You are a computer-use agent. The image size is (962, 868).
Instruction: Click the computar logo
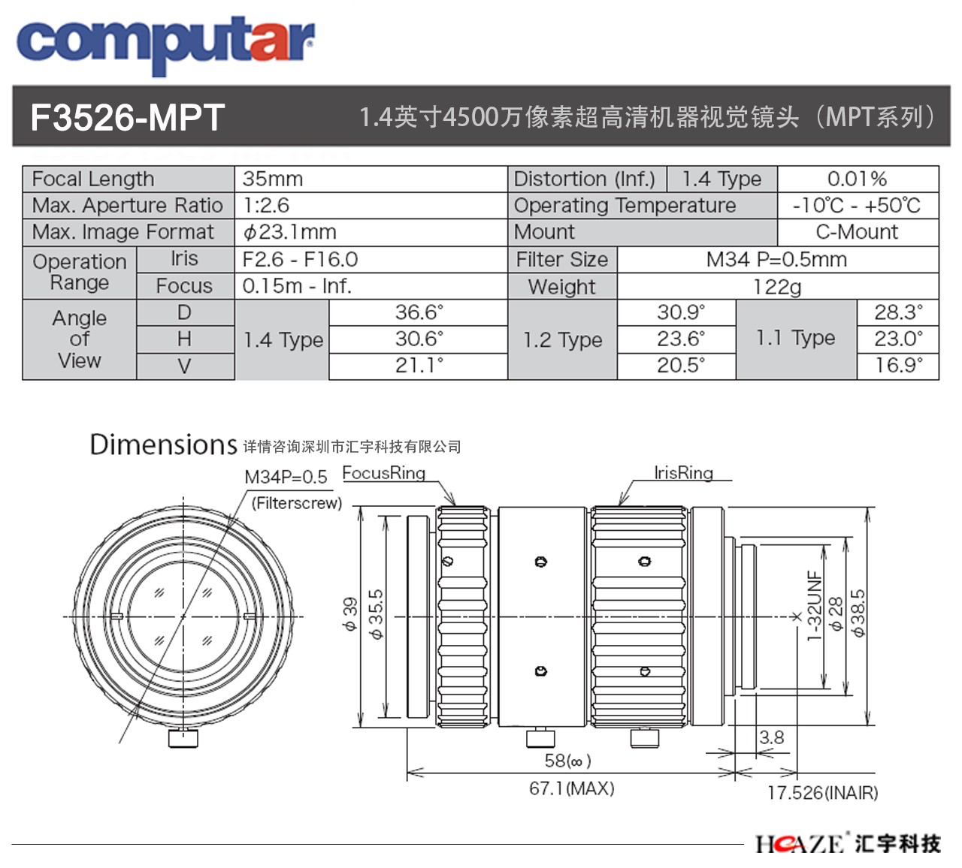[x=165, y=45]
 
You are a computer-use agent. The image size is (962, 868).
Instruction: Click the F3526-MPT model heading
[x=128, y=117]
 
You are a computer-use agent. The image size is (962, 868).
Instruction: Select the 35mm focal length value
[x=272, y=179]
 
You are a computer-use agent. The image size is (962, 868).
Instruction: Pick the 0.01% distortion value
[x=857, y=179]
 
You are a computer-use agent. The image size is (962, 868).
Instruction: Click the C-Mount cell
[x=857, y=232]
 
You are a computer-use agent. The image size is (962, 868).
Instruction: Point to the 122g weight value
[x=777, y=287]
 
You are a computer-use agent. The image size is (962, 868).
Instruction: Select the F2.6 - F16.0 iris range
[x=300, y=259]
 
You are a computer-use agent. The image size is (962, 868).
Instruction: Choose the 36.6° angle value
[x=419, y=312]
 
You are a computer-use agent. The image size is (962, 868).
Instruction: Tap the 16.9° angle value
[x=898, y=365]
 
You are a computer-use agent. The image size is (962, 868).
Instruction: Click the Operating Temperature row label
[x=625, y=206]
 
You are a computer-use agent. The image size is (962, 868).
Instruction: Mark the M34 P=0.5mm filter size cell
[x=777, y=259]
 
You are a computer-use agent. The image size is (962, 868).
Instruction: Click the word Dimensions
[x=164, y=445]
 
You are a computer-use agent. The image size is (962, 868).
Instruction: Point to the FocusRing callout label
[x=383, y=473]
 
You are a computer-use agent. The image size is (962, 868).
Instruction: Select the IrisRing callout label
[x=683, y=473]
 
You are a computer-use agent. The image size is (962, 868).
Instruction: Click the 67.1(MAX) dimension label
[x=572, y=788]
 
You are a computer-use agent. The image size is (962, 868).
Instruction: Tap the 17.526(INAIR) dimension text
[x=823, y=793]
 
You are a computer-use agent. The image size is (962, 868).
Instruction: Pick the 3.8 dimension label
[x=772, y=737]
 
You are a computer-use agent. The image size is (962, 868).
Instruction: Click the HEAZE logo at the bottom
[x=848, y=843]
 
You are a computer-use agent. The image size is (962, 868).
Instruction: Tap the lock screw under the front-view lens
[x=183, y=738]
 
